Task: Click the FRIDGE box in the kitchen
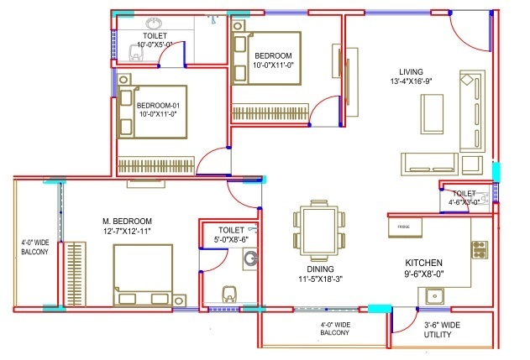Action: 405,227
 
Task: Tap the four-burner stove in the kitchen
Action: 480,250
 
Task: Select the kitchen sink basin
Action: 435,296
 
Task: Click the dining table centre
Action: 319,230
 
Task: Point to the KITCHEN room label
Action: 423,263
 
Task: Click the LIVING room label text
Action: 411,72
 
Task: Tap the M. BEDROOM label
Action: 127,222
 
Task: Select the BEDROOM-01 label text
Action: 158,106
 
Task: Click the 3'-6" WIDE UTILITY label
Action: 440,330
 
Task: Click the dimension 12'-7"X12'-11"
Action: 127,232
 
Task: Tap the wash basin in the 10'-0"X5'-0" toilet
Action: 154,23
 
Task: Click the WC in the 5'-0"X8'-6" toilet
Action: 229,294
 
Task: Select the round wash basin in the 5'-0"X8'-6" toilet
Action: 250,258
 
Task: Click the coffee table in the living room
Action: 432,114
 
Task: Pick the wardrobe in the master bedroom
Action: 75,274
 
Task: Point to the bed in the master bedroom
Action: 143,275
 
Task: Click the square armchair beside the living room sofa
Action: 472,165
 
